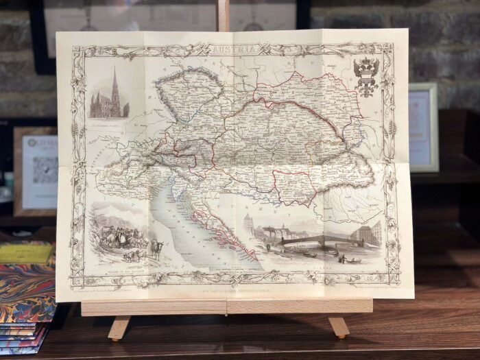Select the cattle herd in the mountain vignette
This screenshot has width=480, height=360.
120,237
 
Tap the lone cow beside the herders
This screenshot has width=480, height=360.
156,248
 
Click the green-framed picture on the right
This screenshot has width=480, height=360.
423,127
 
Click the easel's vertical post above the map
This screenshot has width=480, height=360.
224,15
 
